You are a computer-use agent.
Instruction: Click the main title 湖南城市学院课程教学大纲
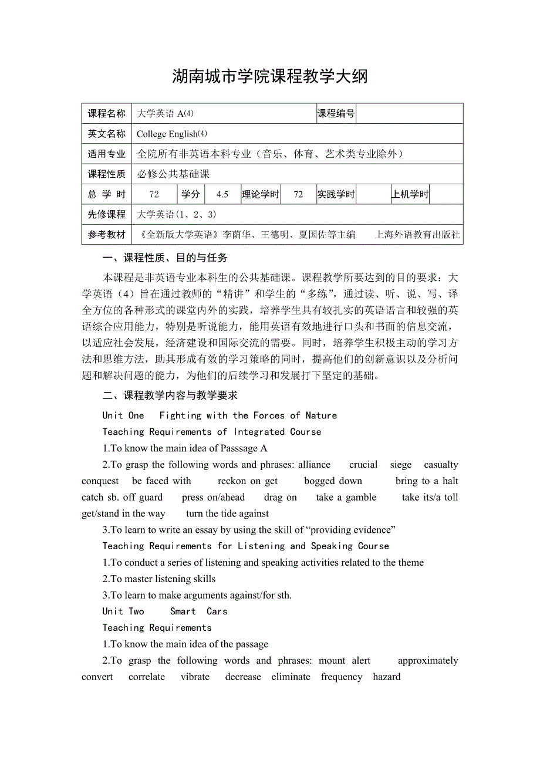pyautogui.click(x=270, y=76)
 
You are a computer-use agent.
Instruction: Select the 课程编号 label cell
pyautogui.click(x=336, y=114)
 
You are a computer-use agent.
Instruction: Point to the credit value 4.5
pyautogui.click(x=222, y=194)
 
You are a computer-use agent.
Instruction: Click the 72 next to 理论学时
pyautogui.click(x=298, y=194)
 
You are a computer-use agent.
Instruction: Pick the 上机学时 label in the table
pyautogui.click(x=410, y=194)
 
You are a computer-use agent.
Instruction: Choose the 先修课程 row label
pyautogui.click(x=107, y=214)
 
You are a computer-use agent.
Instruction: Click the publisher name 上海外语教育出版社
pyautogui.click(x=417, y=235)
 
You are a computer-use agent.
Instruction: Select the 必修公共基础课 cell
pyautogui.click(x=173, y=174)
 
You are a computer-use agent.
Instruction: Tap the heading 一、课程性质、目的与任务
pyautogui.click(x=165, y=258)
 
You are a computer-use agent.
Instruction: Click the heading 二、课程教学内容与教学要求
pyautogui.click(x=170, y=396)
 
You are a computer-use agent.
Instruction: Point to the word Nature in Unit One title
pyautogui.click(x=321, y=415)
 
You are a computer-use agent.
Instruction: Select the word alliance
pyautogui.click(x=314, y=465)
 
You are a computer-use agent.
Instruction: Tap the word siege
pyautogui.click(x=401, y=465)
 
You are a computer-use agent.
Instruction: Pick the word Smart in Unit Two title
pyautogui.click(x=183, y=611)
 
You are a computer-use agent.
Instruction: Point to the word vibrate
pyautogui.click(x=195, y=677)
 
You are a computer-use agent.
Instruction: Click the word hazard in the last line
pyautogui.click(x=387, y=677)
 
